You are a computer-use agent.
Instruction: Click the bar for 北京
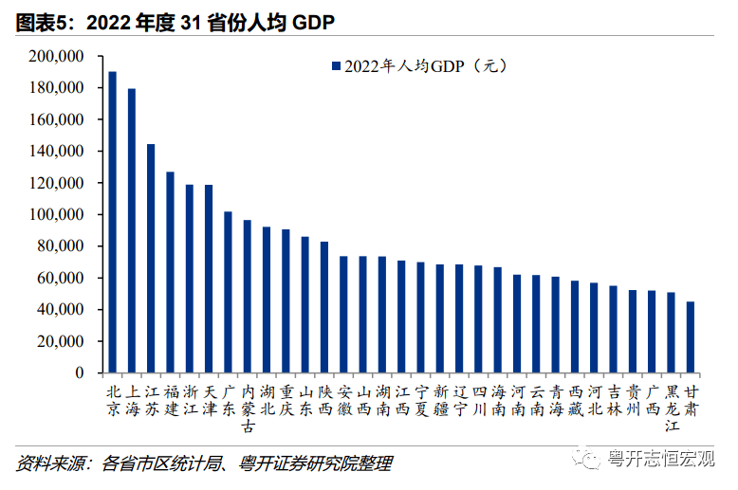(x=112, y=222)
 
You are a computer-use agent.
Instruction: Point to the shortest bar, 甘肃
(x=691, y=337)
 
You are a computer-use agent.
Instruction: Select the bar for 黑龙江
(x=672, y=333)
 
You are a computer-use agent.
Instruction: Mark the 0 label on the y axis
(x=81, y=373)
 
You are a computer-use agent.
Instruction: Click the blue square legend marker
(x=334, y=66)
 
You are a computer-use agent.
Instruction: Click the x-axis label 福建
(x=171, y=400)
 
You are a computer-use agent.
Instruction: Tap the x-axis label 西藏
(x=575, y=400)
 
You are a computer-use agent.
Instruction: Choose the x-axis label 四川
(x=478, y=400)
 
